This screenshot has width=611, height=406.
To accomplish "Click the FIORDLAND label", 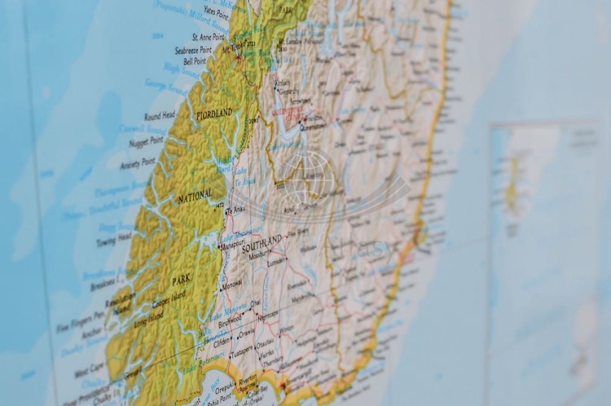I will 215,113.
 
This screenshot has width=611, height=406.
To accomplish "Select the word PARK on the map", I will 181,280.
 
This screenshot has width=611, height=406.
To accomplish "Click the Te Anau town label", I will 235,210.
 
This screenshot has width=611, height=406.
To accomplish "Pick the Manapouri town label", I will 232,245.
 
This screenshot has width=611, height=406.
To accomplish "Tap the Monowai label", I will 232,285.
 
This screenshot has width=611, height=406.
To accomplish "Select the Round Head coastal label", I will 160,116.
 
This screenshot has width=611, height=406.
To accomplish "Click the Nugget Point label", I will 146,141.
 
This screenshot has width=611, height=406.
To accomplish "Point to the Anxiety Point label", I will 137,163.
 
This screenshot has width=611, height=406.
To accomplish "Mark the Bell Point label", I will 195,60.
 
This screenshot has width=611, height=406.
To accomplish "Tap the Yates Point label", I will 216,11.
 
